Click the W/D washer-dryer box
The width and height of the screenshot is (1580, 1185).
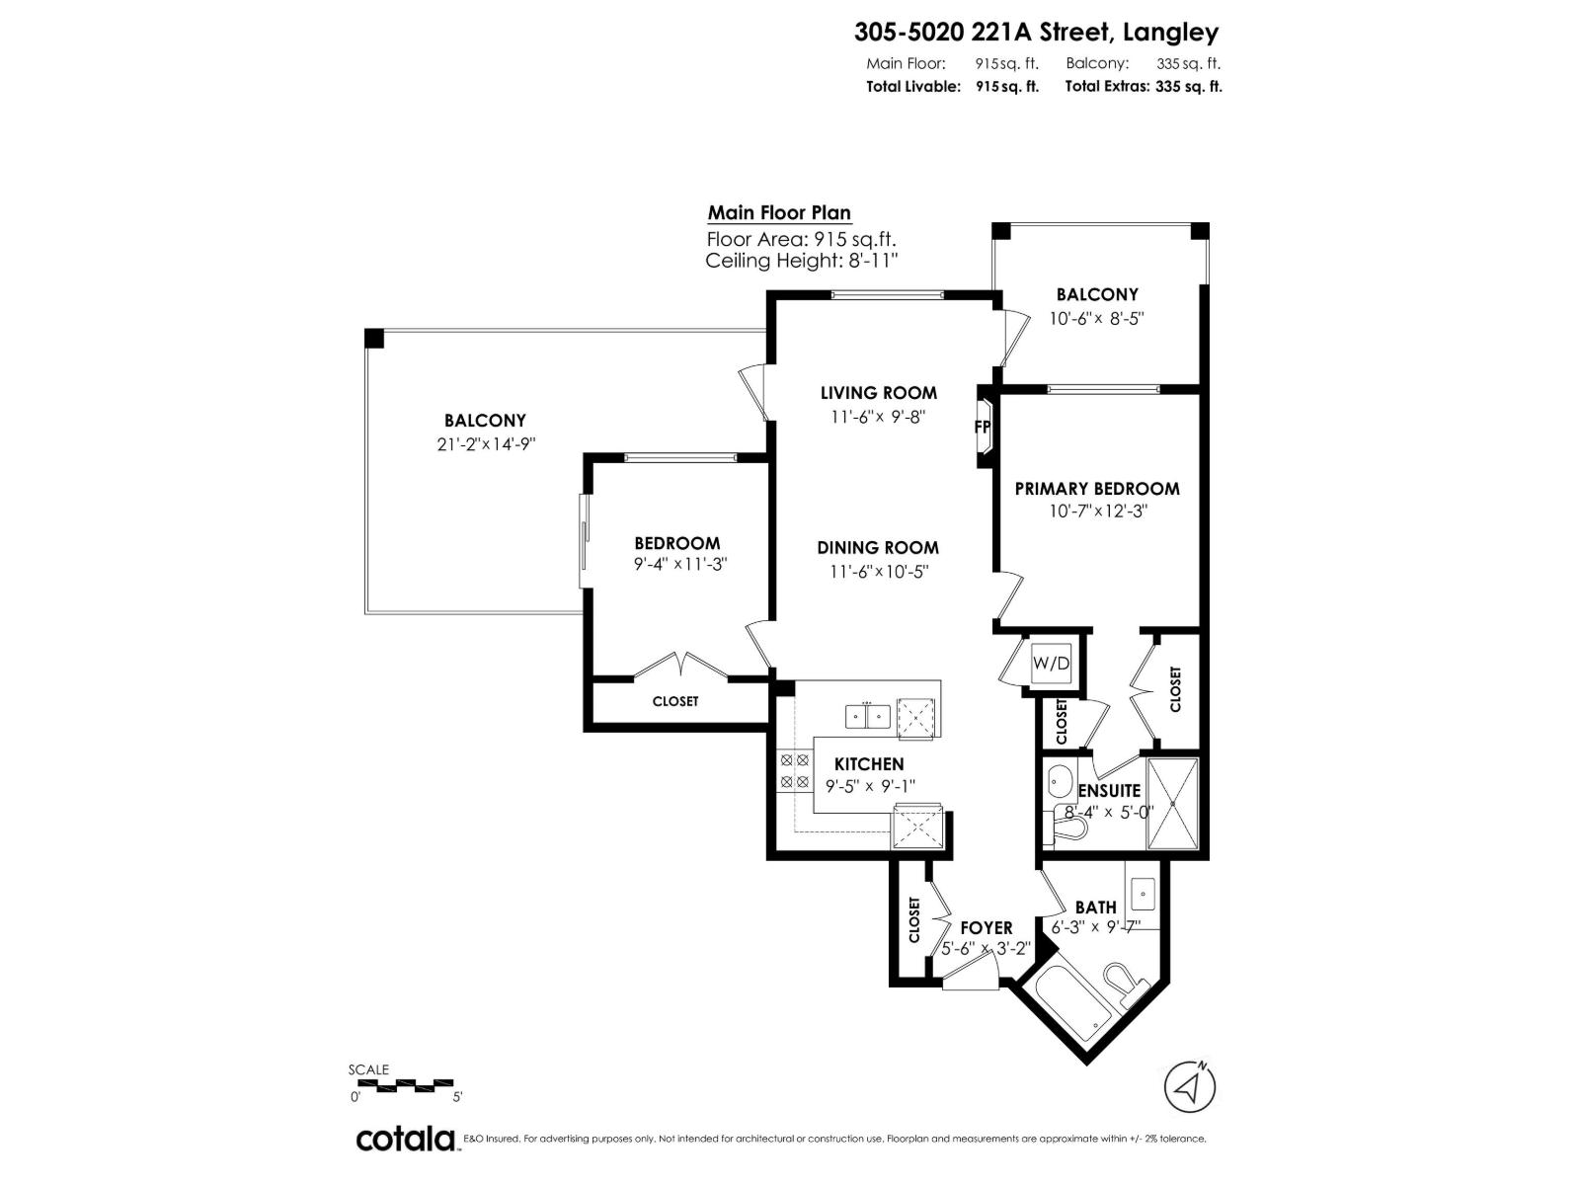click(1051, 663)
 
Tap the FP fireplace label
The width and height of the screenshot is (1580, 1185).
click(982, 427)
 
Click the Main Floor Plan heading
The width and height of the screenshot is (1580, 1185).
click(779, 213)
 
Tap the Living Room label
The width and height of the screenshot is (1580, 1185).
click(878, 393)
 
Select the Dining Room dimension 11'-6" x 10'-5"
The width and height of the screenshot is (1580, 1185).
click(878, 572)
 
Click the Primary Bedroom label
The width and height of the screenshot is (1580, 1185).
click(1096, 489)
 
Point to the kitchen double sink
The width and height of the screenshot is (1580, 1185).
click(867, 717)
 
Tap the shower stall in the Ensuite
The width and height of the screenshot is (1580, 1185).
click(1172, 803)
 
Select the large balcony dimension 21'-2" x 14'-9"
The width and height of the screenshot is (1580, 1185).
click(486, 444)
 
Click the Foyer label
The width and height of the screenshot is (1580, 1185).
click(987, 927)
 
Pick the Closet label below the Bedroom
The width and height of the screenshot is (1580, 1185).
click(675, 701)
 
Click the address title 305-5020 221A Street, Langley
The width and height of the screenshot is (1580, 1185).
click(1036, 33)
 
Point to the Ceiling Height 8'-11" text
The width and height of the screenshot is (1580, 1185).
click(802, 261)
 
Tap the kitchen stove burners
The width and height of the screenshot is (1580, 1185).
click(794, 770)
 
